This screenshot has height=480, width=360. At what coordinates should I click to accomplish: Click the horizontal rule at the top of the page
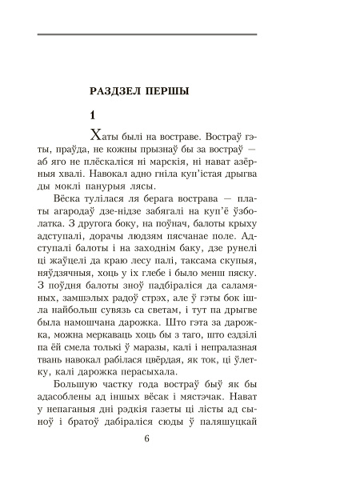point(147,34)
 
